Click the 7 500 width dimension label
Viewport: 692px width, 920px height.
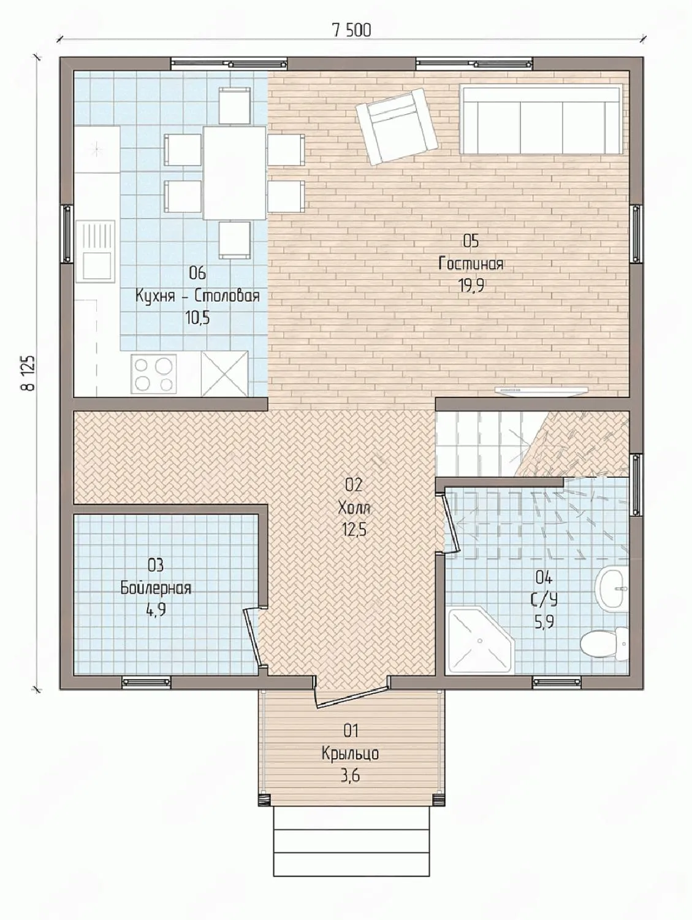(351, 30)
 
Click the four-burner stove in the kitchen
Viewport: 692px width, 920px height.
(154, 374)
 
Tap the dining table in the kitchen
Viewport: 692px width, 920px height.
(235, 173)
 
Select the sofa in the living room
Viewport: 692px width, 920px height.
(542, 120)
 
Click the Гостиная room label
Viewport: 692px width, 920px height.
(471, 264)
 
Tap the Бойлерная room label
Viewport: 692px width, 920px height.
(156, 588)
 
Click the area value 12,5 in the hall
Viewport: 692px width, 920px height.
(355, 530)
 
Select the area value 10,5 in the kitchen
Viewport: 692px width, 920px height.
(197, 317)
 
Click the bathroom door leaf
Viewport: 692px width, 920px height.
(452, 524)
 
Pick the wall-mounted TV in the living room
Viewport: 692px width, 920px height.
(539, 390)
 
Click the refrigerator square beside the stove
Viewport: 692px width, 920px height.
(224, 374)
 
